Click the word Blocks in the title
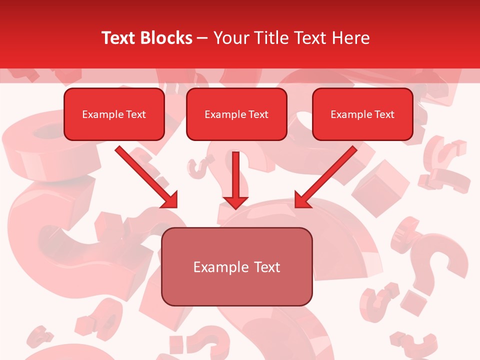[x=167, y=38]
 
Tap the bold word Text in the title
[x=120, y=38]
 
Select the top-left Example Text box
[x=114, y=114]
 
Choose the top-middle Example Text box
[x=236, y=114]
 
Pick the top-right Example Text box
[x=362, y=114]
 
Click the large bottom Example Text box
[x=237, y=266]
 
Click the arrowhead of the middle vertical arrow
[x=235, y=201]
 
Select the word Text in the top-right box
[x=384, y=114]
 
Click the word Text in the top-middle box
[x=258, y=114]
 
